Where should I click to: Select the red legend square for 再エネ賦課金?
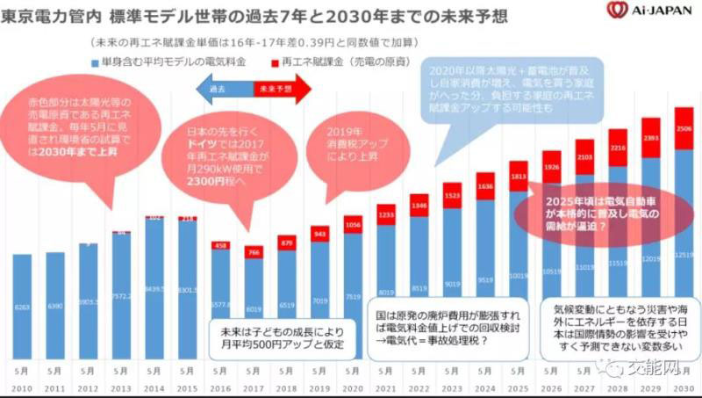click(x=275, y=63)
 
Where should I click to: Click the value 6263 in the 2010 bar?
click(x=24, y=306)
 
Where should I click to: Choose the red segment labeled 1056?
click(x=353, y=224)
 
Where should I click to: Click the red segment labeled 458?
click(x=221, y=245)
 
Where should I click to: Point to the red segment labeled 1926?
click(x=551, y=166)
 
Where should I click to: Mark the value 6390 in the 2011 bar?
click(x=56, y=305)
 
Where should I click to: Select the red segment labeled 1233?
click(x=385, y=215)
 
